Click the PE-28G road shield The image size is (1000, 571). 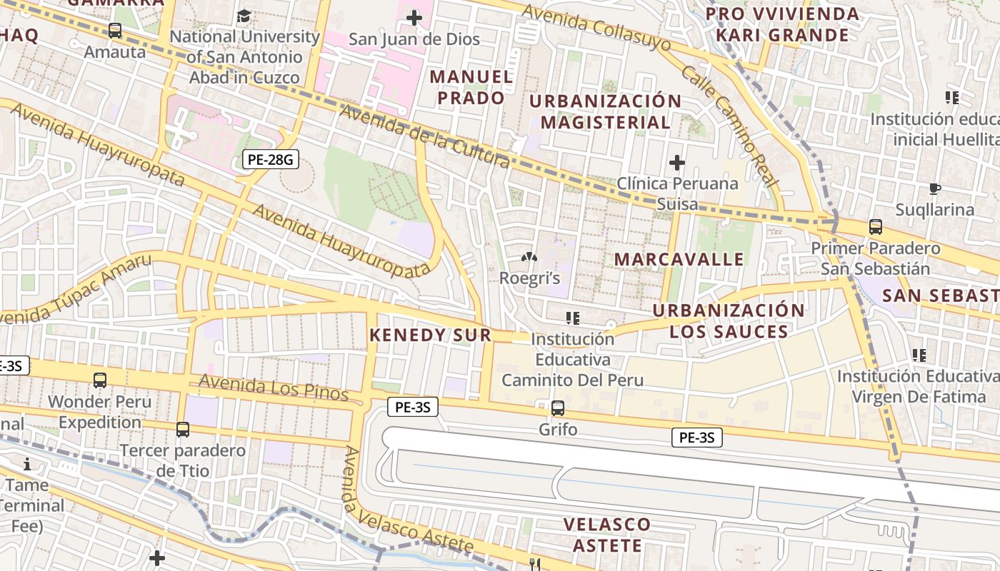(x=270, y=159)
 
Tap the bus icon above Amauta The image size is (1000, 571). (x=115, y=31)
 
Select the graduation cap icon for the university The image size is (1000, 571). (x=244, y=16)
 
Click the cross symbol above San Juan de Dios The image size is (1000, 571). (x=414, y=18)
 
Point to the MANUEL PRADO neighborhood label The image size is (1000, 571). (x=471, y=87)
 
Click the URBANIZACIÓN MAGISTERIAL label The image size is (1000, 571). (x=605, y=111)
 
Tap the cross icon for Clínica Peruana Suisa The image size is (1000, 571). (x=676, y=163)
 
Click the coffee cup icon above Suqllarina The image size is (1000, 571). (x=934, y=189)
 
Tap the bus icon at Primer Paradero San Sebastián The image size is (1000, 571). (x=876, y=227)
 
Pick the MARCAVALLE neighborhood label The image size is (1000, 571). (x=679, y=259)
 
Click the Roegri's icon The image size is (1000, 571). (x=529, y=257)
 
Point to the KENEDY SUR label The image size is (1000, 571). (x=430, y=335)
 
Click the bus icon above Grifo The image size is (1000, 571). (x=558, y=409)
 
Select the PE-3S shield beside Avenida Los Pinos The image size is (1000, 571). (x=412, y=408)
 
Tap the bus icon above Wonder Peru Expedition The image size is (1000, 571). (x=100, y=380)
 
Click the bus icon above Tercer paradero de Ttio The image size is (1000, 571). (x=183, y=430)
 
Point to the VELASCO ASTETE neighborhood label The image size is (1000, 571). (x=607, y=535)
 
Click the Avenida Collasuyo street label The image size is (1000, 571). (x=596, y=27)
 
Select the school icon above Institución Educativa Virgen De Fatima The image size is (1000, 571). (x=919, y=355)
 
